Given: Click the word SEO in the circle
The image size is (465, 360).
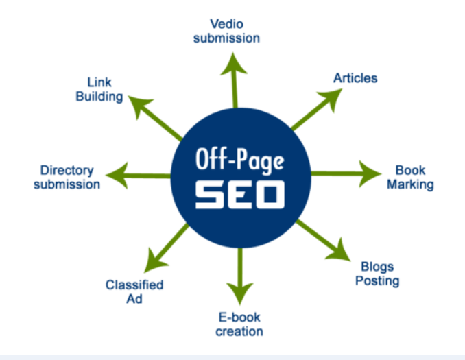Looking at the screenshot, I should [239, 194].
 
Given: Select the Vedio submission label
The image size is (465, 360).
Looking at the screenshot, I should [226, 31].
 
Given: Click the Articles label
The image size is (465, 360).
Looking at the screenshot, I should [355, 77].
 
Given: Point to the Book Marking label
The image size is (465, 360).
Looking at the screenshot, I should [410, 177].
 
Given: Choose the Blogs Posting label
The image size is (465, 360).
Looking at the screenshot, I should [377, 273].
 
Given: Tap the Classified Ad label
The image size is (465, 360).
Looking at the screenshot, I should [134, 292].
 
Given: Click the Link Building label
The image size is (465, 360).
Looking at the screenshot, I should [99, 89].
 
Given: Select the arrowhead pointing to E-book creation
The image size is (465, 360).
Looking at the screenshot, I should [241, 291].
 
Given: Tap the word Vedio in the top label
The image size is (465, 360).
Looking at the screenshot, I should [226, 23].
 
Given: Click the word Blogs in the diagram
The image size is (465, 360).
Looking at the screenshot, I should [377, 266].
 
